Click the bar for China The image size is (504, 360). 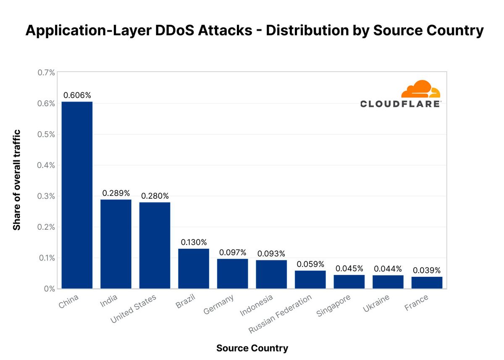pos(77,195)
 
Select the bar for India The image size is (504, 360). pos(116,244)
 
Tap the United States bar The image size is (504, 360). pos(155,245)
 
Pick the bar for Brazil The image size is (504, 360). pos(194,268)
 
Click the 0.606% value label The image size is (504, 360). pos(77,95)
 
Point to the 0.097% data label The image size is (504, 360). pos(232,252)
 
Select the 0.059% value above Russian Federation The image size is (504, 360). pos(310,264)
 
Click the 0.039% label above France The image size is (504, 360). pos(427,271)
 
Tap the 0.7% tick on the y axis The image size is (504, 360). pos(46,73)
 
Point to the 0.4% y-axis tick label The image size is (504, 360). pos(46,165)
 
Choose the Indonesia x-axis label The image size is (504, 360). pos(256,305)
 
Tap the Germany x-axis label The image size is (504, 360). pos(218,304)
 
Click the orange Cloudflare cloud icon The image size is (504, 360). pos(420,89)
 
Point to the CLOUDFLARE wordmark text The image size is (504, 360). pos(400,104)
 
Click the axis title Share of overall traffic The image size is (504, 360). pos(17,180)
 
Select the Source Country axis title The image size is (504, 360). pos(252,348)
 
